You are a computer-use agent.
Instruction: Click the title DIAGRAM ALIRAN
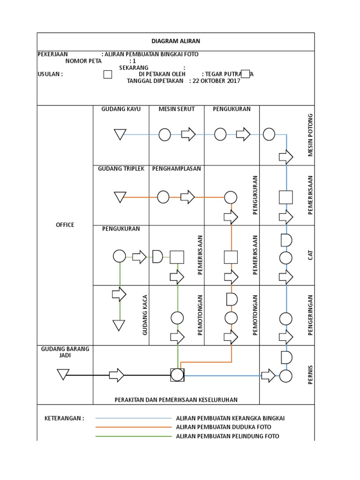(175, 41)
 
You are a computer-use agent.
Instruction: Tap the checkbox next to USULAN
(107, 74)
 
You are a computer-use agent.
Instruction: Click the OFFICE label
(65, 225)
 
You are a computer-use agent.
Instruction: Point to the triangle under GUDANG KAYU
(120, 135)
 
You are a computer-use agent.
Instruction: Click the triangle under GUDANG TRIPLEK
(120, 197)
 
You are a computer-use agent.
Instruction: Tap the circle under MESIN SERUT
(165, 135)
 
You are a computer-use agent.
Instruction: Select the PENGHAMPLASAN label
(176, 169)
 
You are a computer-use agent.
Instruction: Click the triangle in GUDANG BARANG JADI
(63, 375)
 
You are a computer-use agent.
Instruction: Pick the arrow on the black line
(116, 375)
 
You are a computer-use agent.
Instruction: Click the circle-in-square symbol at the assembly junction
(177, 375)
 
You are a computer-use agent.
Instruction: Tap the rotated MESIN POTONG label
(309, 135)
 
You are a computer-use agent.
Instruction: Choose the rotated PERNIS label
(309, 375)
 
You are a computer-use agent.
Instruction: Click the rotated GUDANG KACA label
(145, 315)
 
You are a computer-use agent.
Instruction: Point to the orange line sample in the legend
(134, 427)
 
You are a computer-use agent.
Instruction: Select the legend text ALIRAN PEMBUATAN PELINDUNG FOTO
(227, 436)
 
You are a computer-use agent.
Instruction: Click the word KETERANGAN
(64, 418)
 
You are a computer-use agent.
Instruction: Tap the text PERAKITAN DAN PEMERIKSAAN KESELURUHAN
(176, 400)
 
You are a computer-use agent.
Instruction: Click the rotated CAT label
(309, 255)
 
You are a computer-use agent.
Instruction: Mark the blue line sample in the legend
(134, 418)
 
